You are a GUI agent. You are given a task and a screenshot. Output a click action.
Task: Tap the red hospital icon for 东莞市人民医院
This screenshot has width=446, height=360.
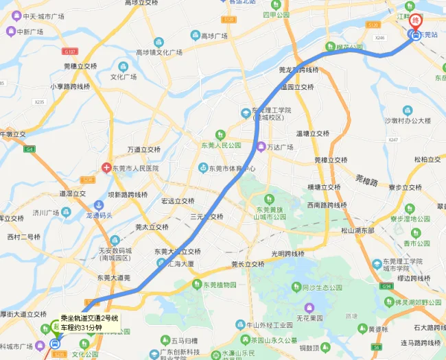click(106, 168)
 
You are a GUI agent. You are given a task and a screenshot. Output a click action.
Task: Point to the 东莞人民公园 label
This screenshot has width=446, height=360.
click(221, 145)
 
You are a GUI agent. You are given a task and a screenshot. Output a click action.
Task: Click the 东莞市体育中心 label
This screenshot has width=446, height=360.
click(233, 168)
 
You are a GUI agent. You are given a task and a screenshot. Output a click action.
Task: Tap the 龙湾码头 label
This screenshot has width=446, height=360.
click(97, 214)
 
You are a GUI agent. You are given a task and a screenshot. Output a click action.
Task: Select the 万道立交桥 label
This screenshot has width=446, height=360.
click(144, 149)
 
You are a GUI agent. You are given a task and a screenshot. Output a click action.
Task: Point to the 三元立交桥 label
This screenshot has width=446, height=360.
click(207, 217)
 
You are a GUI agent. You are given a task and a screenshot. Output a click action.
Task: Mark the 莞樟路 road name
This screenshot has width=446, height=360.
click(367, 181)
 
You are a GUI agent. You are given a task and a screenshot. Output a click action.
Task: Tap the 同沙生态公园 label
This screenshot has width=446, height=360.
click(327, 288)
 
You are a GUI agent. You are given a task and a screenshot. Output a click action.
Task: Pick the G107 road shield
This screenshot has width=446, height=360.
click(69, 51)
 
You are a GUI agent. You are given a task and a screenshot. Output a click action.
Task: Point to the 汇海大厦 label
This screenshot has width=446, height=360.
click(180, 263)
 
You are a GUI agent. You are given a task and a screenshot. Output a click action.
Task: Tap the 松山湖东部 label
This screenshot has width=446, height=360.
click(357, 230)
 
